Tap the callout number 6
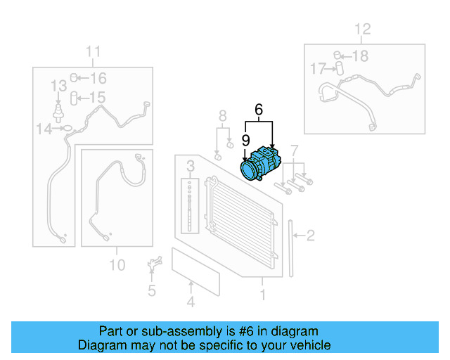click(x=259, y=110)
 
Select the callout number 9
click(x=246, y=139)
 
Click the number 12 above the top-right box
click(x=361, y=30)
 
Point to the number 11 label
click(x=94, y=52)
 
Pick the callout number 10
click(x=117, y=264)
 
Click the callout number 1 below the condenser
click(x=263, y=295)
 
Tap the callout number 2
click(x=311, y=236)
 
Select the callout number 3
click(x=190, y=167)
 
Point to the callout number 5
click(x=151, y=290)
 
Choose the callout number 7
click(x=295, y=150)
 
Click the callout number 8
click(x=222, y=116)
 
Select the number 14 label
click(x=44, y=129)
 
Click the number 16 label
click(x=98, y=78)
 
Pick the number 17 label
click(x=317, y=69)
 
